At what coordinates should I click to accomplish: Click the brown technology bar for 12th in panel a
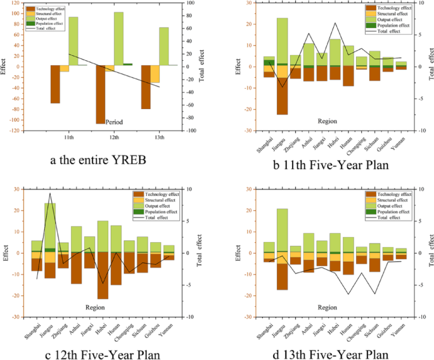coord(100,94)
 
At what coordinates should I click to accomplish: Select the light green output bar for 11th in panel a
coord(73,41)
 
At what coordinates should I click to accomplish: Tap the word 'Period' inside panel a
coord(115,122)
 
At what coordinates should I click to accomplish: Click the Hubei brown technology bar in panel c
coord(102,276)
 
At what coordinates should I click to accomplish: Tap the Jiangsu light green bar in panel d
coord(282,231)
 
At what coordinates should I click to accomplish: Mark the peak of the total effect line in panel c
coord(50,193)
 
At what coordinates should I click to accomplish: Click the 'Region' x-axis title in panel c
coord(103,307)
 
